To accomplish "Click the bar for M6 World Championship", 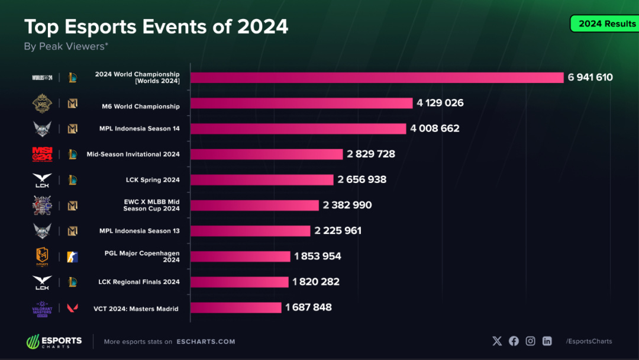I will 301,103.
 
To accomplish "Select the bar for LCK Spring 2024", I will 262,179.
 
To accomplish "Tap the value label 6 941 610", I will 590,78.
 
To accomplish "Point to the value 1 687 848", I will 308,307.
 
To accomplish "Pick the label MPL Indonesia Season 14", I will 139,128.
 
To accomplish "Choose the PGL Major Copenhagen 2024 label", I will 142,256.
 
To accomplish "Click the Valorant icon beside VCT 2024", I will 72,308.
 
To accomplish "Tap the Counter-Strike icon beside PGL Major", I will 72,256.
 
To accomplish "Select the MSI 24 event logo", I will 42,154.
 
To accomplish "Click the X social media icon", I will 497,341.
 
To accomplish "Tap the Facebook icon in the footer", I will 514,341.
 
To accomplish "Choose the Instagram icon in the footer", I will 531,341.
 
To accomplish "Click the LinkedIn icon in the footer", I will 547,341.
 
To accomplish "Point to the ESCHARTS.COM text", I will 205,342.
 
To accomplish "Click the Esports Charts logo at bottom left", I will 54,342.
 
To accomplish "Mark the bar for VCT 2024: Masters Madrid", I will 235,307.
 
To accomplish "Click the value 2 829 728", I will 371,154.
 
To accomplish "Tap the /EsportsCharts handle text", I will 589,341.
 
